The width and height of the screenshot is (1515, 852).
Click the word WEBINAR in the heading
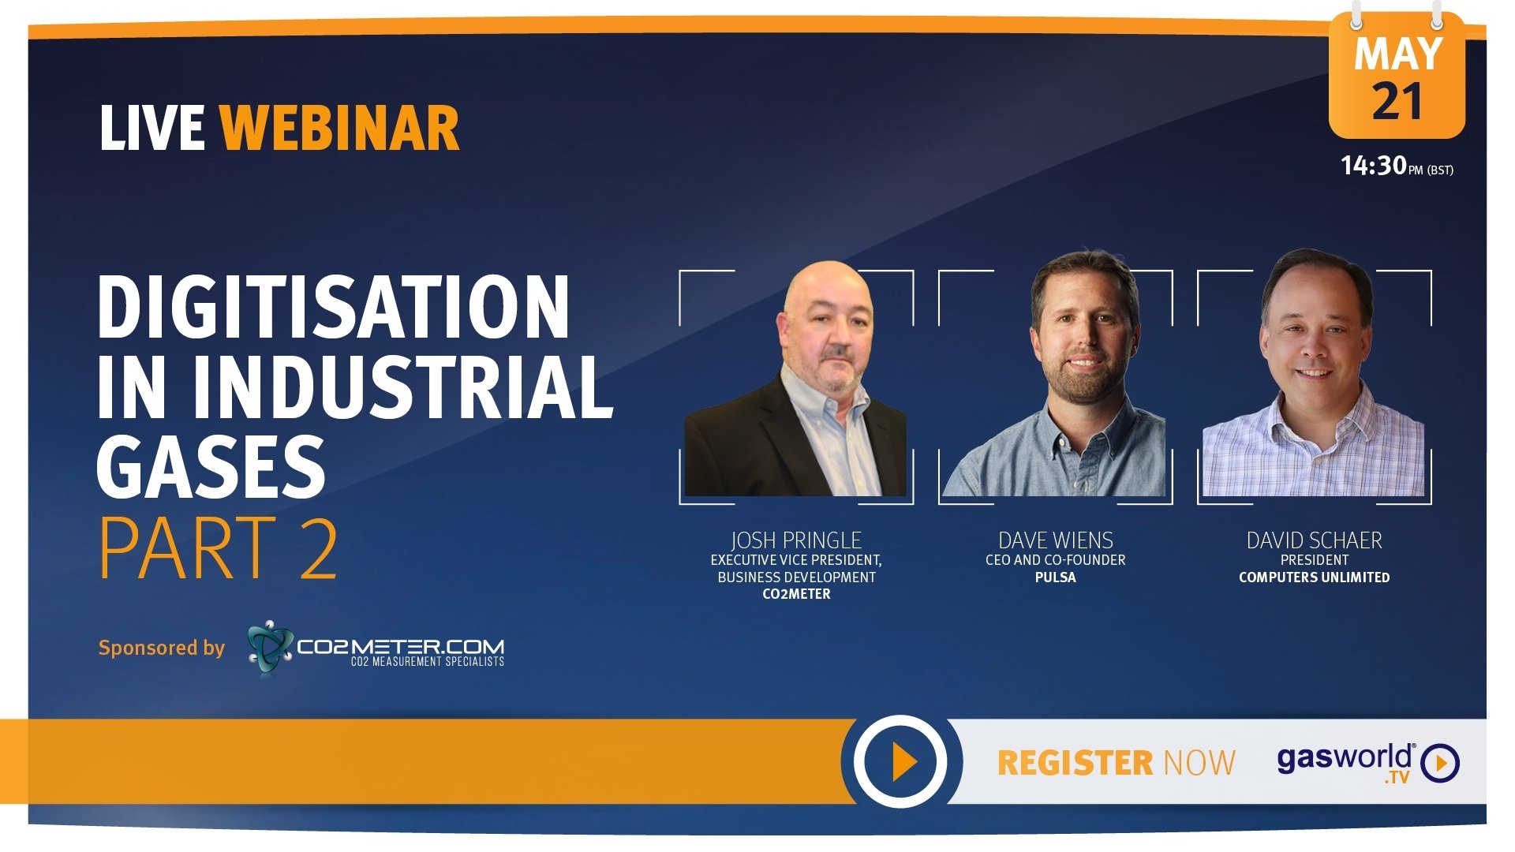pyautogui.click(x=339, y=128)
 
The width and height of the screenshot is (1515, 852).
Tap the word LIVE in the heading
pyautogui.click(x=152, y=128)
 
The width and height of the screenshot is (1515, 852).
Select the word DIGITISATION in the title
pyautogui.click(x=333, y=307)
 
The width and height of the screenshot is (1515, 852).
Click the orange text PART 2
pyautogui.click(x=218, y=547)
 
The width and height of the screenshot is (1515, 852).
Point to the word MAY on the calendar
pyautogui.click(x=1397, y=54)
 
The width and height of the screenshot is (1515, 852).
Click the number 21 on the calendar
pyautogui.click(x=1397, y=102)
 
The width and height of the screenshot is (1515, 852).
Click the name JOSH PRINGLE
pyautogui.click(x=796, y=540)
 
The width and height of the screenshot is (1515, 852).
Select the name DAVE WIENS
pyautogui.click(x=1056, y=540)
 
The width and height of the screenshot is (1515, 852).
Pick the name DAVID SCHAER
pyautogui.click(x=1315, y=540)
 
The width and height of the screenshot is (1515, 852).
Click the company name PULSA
pyautogui.click(x=1056, y=577)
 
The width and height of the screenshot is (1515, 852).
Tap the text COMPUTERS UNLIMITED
pyautogui.click(x=1315, y=577)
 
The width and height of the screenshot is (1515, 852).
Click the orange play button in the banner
pyautogui.click(x=900, y=761)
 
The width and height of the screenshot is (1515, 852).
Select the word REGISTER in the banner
pyautogui.click(x=1076, y=763)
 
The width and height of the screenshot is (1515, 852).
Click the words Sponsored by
pyautogui.click(x=162, y=648)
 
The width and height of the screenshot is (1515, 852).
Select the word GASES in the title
pyautogui.click(x=211, y=466)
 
